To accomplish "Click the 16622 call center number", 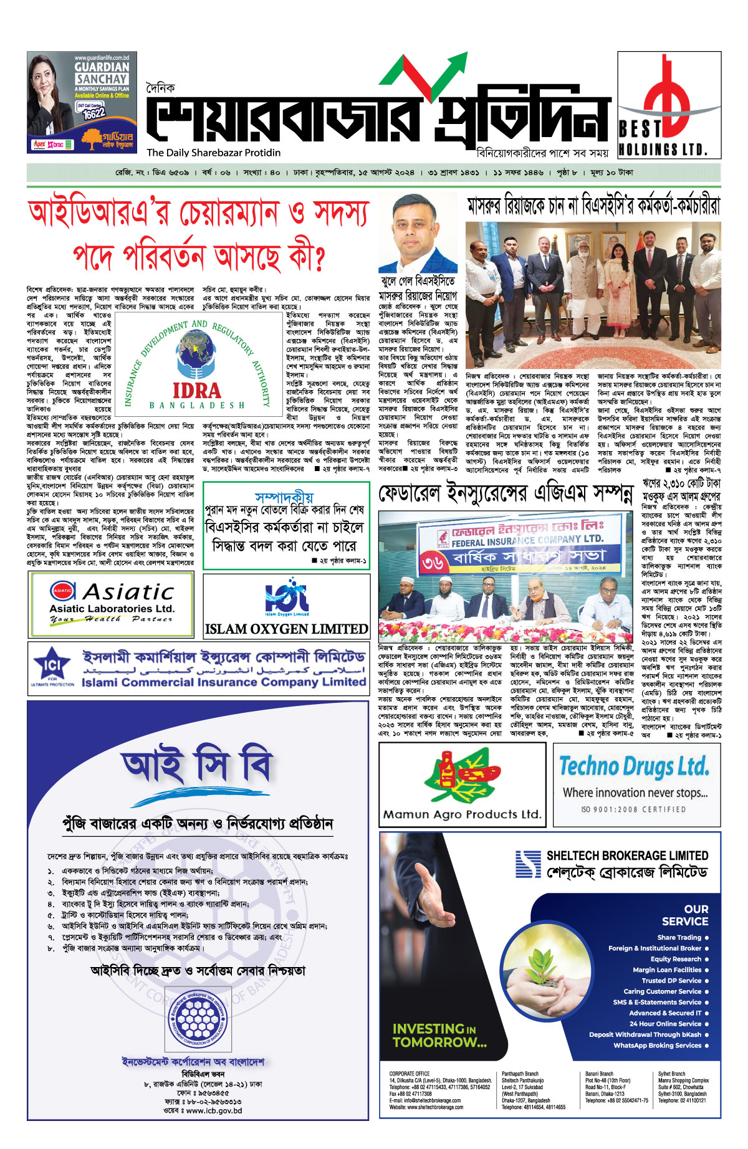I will point(93,114).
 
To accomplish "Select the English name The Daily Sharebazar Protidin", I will point(214,153).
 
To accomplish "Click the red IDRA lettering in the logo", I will point(196,391).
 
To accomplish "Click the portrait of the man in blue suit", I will point(417,234).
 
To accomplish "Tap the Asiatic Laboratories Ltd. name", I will point(112,608).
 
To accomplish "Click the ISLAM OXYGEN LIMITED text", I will point(286,629).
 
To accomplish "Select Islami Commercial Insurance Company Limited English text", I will point(224,682).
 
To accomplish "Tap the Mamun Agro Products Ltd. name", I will point(462,814).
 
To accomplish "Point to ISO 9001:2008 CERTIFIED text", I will point(633,809).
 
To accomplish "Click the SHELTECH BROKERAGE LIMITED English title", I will point(627,856).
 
